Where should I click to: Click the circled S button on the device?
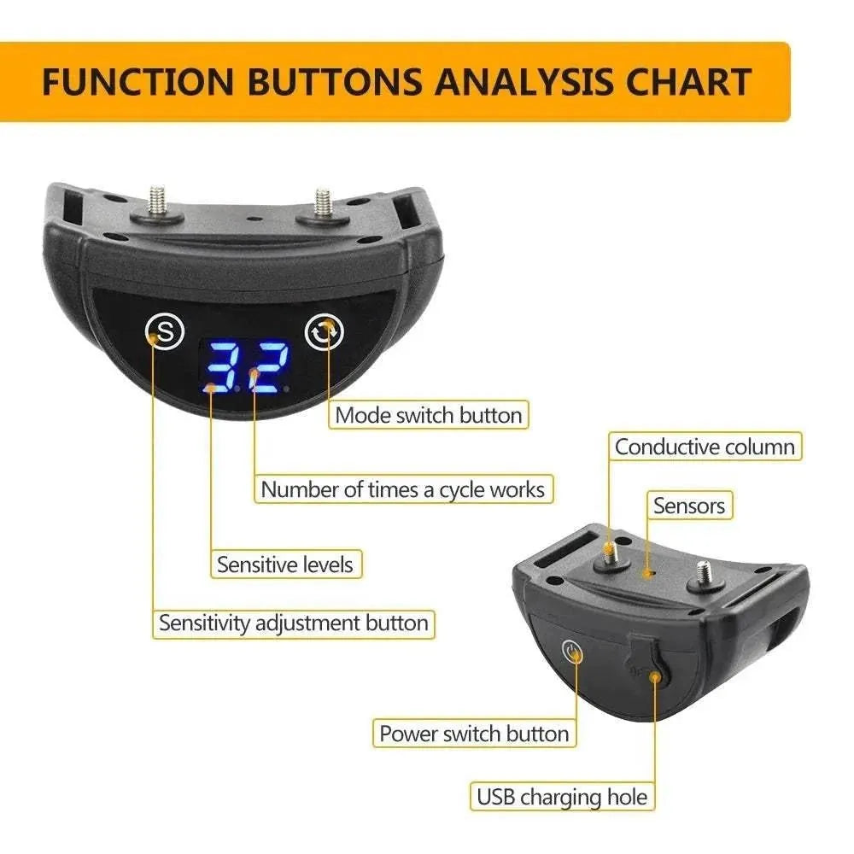[165, 330]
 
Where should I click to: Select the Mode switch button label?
[428, 415]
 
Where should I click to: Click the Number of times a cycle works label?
[402, 489]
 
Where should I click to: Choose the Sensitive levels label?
[284, 564]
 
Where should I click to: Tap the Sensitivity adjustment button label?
[294, 623]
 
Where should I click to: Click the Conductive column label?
[705, 447]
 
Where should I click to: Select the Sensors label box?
[688, 506]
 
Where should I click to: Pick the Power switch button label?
[474, 734]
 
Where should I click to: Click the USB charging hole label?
[562, 798]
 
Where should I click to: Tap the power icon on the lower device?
[573, 654]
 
